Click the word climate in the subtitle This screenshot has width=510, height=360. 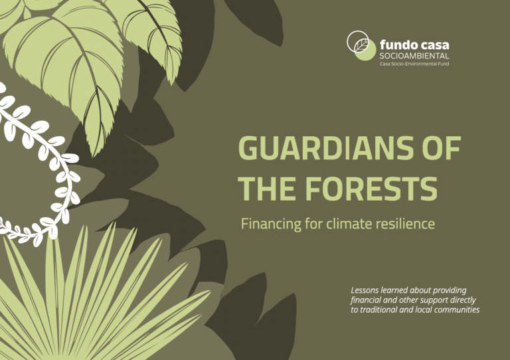point(349,224)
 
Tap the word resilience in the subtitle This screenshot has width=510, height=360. point(405,224)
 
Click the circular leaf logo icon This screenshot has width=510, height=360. point(361,45)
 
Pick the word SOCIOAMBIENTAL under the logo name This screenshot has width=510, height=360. point(414,56)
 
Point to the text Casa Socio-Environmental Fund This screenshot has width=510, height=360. point(414,64)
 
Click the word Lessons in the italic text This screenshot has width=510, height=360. point(367,290)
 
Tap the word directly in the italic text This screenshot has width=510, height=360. point(460,300)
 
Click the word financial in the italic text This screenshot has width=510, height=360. point(366,300)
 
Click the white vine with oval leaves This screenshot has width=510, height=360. point(40,153)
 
